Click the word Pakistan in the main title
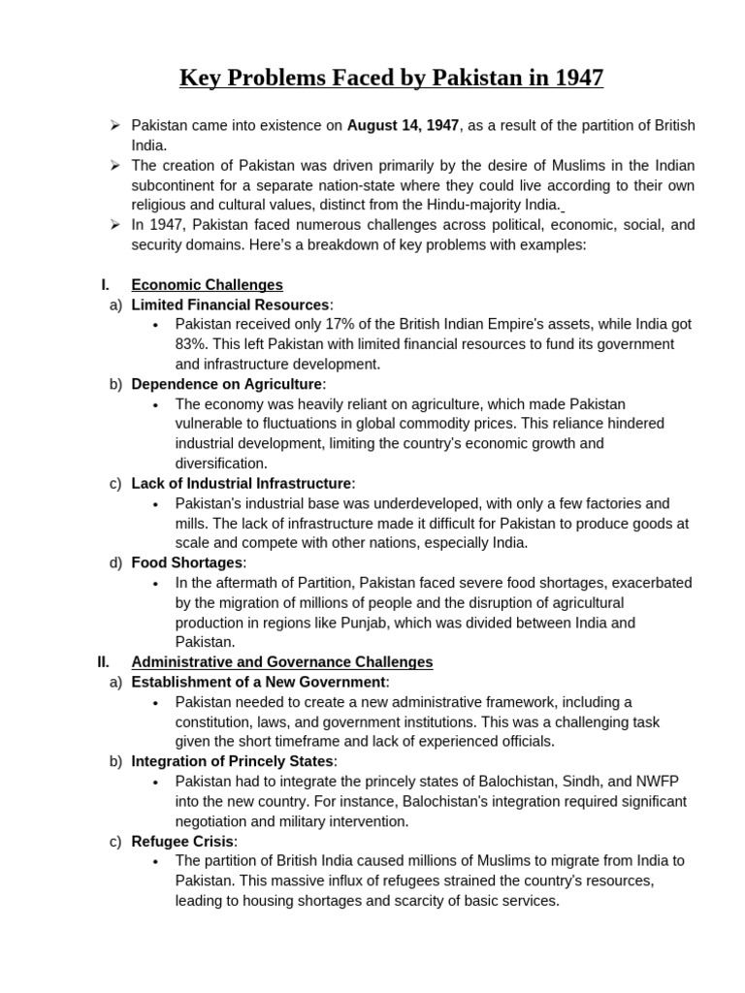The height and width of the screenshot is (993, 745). pos(467,78)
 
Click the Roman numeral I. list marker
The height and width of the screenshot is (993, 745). pos(106,285)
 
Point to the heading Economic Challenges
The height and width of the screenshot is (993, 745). pos(207,285)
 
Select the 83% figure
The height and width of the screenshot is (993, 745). pos(191,344)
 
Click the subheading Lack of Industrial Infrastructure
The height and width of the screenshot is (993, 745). pos(242,483)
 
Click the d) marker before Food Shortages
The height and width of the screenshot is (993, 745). pos(116,562)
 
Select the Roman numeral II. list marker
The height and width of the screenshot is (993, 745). pos(104,662)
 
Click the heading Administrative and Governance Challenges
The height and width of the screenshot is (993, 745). pos(281,662)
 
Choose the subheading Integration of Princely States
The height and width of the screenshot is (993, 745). pos(233,761)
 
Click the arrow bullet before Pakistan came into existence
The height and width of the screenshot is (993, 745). pos(114,125)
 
